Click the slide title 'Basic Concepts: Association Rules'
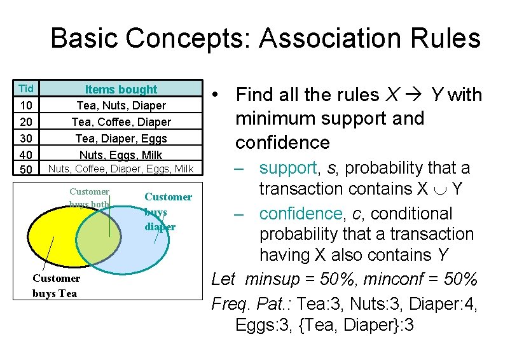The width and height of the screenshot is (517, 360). pyautogui.click(x=265, y=38)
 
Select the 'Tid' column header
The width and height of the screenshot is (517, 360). pyautogui.click(x=26, y=88)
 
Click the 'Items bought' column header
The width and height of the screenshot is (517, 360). pyautogui.click(x=121, y=89)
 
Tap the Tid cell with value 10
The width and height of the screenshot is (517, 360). pyautogui.click(x=27, y=105)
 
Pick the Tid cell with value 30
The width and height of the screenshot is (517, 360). pyautogui.click(x=27, y=138)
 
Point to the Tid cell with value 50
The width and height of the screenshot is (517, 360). pyautogui.click(x=27, y=170)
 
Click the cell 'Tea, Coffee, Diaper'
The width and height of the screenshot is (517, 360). pyautogui.click(x=121, y=121)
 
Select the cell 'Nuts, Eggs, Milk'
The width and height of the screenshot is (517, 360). pyautogui.click(x=121, y=155)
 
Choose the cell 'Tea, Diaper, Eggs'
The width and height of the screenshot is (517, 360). pyautogui.click(x=121, y=138)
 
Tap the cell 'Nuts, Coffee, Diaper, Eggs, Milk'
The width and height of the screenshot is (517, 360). pyautogui.click(x=121, y=169)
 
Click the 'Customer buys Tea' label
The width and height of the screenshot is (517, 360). pyautogui.click(x=56, y=286)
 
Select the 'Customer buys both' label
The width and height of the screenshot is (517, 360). pyautogui.click(x=89, y=197)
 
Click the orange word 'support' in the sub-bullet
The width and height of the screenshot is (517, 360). pyautogui.click(x=287, y=168)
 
